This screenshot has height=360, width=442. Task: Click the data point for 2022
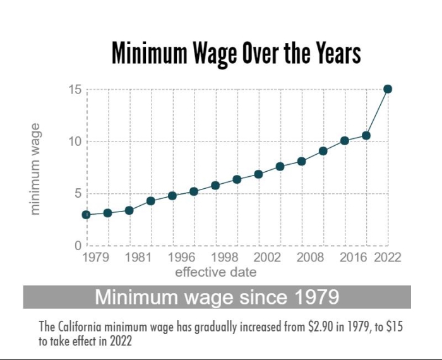pyautogui.click(x=388, y=89)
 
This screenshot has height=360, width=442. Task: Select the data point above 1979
pyautogui.click(x=87, y=215)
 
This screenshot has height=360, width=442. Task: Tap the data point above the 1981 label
pyautogui.click(x=129, y=210)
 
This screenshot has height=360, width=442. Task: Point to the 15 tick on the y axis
pyautogui.click(x=75, y=89)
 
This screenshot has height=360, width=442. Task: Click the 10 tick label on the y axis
pyautogui.click(x=75, y=141)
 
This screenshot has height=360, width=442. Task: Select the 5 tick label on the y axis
pyautogui.click(x=79, y=193)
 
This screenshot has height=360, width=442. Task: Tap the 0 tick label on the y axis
pyautogui.click(x=79, y=246)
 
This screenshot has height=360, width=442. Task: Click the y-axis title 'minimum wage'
pyautogui.click(x=36, y=169)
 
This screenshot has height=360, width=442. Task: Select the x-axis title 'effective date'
pyautogui.click(x=216, y=272)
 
